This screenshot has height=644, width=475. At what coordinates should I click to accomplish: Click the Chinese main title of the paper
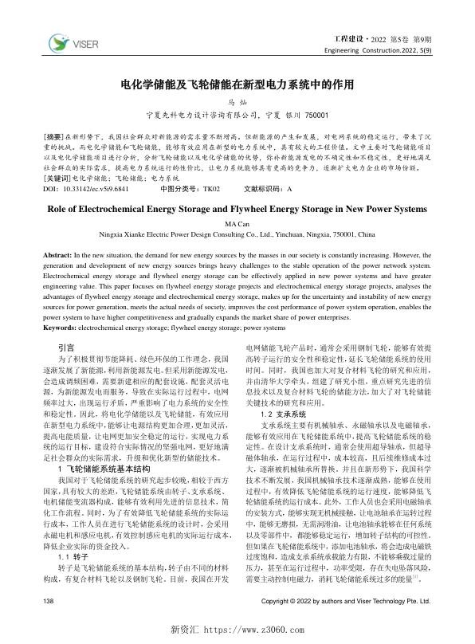point(237,82)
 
